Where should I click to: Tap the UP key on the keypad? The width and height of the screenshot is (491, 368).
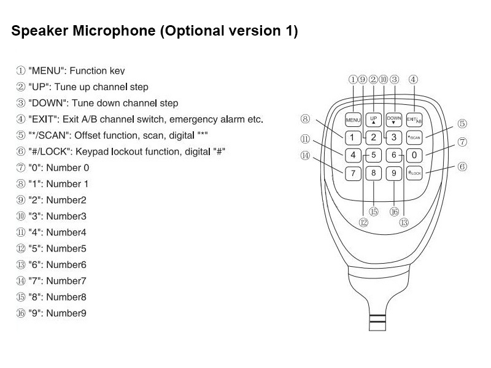[x=373, y=119]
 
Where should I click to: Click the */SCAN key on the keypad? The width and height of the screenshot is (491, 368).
[x=415, y=137]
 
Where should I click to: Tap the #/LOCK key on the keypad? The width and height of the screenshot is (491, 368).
[x=414, y=174]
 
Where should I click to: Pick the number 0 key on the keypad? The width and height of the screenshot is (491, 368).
[x=415, y=155]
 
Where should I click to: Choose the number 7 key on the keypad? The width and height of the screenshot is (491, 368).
[x=353, y=174]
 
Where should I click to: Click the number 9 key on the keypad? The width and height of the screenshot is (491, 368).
[x=394, y=174]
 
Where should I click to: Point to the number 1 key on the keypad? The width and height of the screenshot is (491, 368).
[x=353, y=137]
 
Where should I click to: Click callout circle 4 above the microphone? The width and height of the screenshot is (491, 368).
[x=414, y=79]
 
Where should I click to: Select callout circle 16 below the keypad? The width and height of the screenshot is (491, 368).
[x=394, y=211]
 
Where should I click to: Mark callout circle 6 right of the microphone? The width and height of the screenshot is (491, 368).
[x=463, y=166]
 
